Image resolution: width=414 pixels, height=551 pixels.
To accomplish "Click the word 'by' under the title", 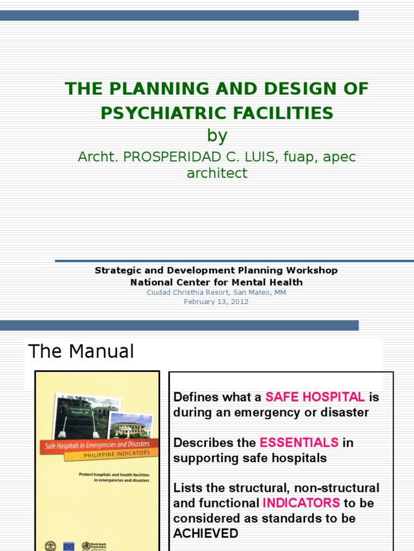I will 217,136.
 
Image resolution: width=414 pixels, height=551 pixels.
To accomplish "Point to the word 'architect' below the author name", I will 217,173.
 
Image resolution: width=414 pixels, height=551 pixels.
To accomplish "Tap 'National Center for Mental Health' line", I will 216,282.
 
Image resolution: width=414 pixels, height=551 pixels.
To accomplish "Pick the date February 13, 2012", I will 216,302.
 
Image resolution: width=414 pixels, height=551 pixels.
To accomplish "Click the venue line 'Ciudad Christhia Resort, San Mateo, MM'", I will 216,292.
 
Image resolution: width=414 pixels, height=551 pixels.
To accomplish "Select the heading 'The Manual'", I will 81,351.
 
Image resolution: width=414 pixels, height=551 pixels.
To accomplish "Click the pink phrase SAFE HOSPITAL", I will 315,397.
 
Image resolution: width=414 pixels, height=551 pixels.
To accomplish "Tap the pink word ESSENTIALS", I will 299,443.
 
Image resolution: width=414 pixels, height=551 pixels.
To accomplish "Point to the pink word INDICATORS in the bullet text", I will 301,503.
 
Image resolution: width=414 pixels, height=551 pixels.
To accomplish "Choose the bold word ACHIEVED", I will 206,534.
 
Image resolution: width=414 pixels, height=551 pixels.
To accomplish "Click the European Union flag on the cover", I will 69,545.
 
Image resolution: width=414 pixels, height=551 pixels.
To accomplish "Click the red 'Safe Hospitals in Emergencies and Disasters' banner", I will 97,445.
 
